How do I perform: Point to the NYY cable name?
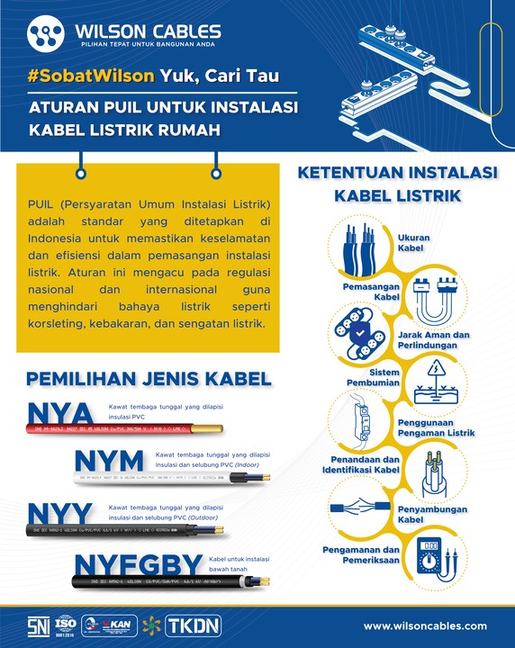tap(61, 514)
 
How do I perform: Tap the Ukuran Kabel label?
tap(413, 243)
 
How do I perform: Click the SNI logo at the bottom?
tap(38, 625)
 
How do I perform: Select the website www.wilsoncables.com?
tap(425, 625)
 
